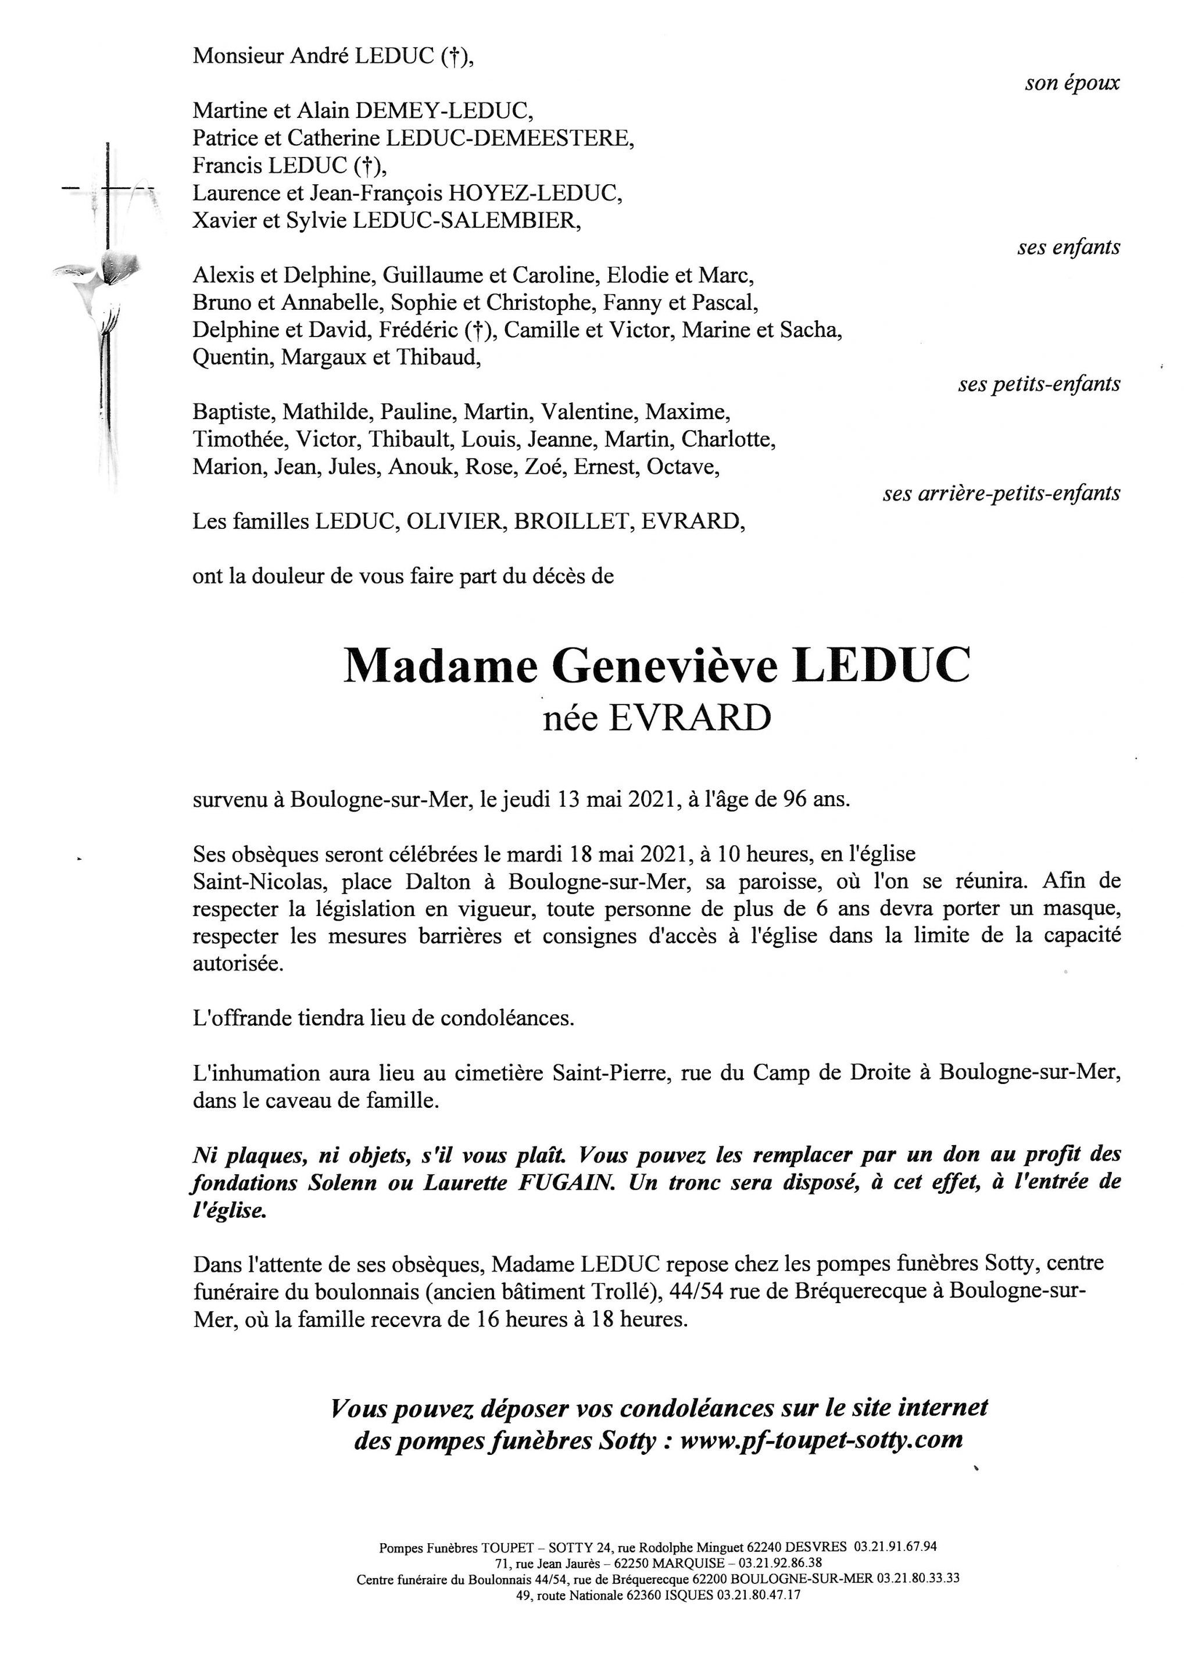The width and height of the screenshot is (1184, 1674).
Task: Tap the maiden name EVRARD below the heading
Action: [x=689, y=719]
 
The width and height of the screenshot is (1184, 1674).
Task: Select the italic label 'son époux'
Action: [x=1072, y=83]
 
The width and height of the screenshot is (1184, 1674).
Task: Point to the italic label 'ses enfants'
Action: [x=1069, y=248]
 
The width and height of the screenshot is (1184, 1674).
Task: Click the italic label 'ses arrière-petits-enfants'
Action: [x=1001, y=493]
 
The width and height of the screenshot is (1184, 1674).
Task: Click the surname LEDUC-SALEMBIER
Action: [x=467, y=220]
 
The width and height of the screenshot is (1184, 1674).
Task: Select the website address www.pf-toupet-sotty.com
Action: [x=822, y=1439]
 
